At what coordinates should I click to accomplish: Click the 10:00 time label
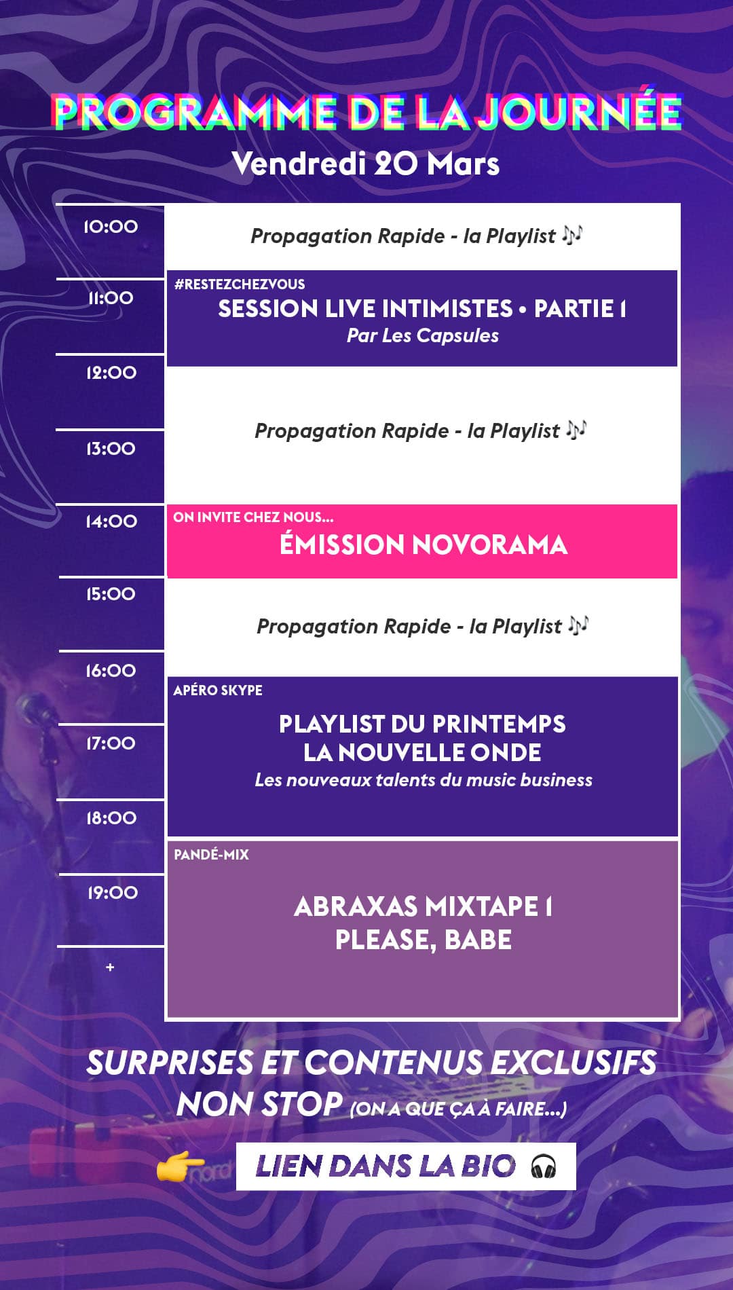(111, 227)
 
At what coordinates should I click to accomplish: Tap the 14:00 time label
(111, 521)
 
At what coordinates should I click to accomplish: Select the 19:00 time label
(112, 893)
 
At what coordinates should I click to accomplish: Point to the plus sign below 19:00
(110, 967)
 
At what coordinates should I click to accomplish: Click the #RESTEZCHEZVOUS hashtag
(240, 284)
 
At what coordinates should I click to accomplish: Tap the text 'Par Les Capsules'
(423, 335)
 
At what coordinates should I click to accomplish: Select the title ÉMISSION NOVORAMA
(424, 545)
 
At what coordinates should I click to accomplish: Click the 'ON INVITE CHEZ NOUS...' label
(253, 517)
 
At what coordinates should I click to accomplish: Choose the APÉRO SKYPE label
(218, 690)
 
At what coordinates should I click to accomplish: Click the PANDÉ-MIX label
(211, 855)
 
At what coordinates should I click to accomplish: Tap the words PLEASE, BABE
(424, 940)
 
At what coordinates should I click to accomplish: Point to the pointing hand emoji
(180, 1167)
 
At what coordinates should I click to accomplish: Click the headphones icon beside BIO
(544, 1167)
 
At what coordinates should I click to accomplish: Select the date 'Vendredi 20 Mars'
(366, 164)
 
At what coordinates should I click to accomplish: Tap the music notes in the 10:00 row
(572, 235)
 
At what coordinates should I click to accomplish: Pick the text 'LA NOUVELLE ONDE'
(422, 752)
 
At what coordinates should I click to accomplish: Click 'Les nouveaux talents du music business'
(424, 780)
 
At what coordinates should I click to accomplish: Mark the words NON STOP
(259, 1105)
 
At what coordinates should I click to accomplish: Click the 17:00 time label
(111, 743)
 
